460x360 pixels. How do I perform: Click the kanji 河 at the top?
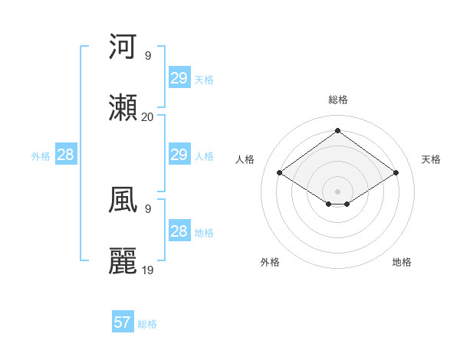click(123, 47)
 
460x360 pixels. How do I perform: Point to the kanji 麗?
click(123, 261)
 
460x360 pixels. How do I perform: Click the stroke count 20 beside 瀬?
click(147, 117)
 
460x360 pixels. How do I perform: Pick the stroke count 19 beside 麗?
click(148, 270)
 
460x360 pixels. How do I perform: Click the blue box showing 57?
click(122, 322)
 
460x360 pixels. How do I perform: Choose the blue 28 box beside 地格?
click(179, 231)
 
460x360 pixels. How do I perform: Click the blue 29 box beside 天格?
click(179, 78)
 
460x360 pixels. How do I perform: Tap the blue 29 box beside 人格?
click(179, 155)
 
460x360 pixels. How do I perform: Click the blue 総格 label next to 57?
click(147, 324)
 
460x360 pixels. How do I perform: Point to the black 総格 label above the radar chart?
click(337, 100)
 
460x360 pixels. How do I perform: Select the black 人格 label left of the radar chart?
click(245, 159)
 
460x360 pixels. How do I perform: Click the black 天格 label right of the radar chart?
click(431, 159)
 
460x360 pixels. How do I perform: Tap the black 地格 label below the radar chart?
click(402, 262)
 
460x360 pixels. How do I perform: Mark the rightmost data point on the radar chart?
click(396, 173)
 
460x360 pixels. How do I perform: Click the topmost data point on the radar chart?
click(337, 130)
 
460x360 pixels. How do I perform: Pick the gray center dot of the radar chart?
click(337, 191)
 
